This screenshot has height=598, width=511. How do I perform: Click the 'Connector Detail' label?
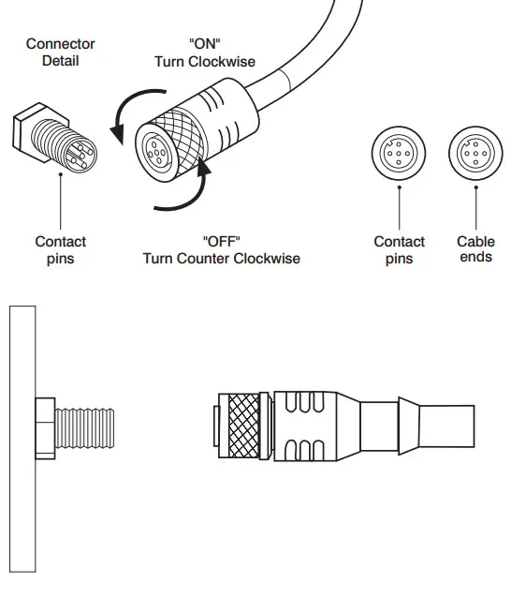click(60, 52)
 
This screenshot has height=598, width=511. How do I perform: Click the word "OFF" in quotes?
click(221, 241)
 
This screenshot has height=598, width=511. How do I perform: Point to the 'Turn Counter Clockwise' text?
click(221, 258)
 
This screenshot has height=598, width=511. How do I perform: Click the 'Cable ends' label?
click(475, 249)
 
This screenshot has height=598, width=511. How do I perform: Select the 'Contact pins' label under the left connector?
click(60, 249)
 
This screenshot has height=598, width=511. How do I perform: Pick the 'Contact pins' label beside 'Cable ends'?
click(399, 249)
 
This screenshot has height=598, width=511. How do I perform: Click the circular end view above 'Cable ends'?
click(473, 153)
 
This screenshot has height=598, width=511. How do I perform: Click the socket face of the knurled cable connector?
click(157, 147)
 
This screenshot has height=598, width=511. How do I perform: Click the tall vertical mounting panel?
click(22, 436)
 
